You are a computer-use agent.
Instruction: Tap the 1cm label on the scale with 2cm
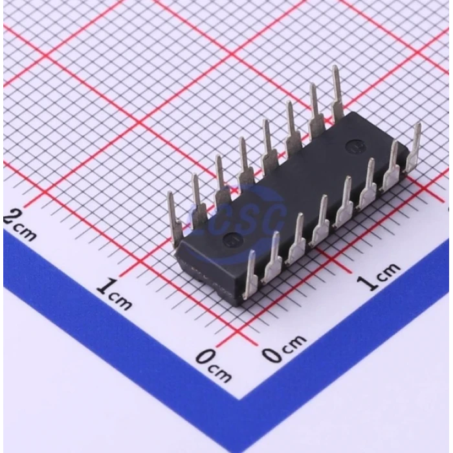coord(114,294)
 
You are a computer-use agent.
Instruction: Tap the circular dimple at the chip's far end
coord(354,145)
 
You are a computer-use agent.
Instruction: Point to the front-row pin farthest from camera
coord(413,149)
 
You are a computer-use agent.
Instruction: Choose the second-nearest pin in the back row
coord(197,201)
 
